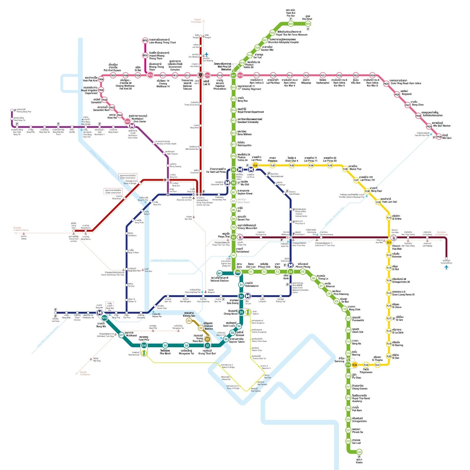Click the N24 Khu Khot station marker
pyautogui.click(x=308, y=24)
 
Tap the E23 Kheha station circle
pyautogui.click(x=359, y=452)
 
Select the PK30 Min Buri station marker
pyautogui.click(x=439, y=137)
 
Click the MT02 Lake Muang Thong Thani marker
pyautogui.click(x=145, y=41)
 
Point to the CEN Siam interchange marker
pyautogui.click(x=237, y=272)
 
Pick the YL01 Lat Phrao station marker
pyautogui.click(x=256, y=165)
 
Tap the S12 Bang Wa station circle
pyautogui.click(x=104, y=318)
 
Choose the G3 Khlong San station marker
pyautogui.click(x=189, y=320)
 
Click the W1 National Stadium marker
pyautogui.click(x=219, y=273)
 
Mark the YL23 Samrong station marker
pyautogui.click(x=355, y=365)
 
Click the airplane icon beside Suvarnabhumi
pyautogui.click(x=446, y=267)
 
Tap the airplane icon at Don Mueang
pyautogui.click(x=207, y=54)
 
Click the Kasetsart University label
pyautogui.click(x=250, y=120)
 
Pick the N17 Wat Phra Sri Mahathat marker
pyautogui.click(x=233, y=75)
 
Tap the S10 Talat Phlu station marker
pyautogui.click(x=144, y=345)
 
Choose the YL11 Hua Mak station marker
pyautogui.click(x=389, y=242)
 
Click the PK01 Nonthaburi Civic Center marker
pyautogui.click(x=127, y=121)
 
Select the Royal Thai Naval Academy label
pyautogui.click(x=361, y=398)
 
